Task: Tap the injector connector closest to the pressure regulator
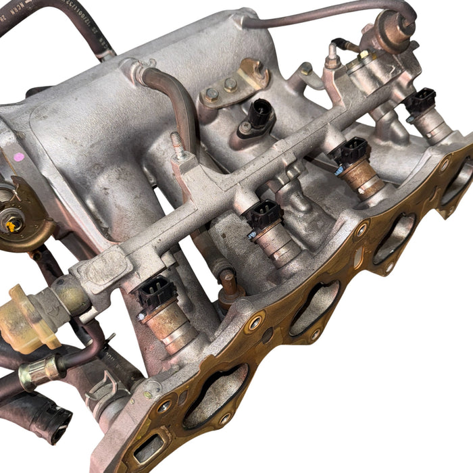click(420, 101)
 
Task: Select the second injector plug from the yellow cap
click(263, 215)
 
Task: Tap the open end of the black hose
click(57, 422)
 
